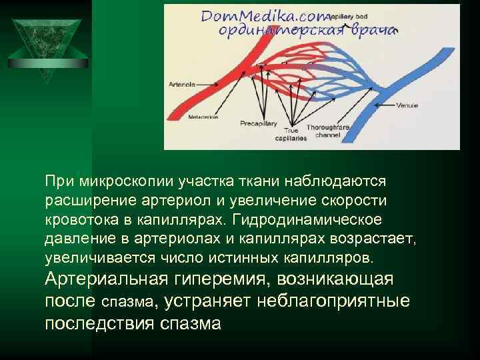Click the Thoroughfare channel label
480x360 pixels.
[x=327, y=131]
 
